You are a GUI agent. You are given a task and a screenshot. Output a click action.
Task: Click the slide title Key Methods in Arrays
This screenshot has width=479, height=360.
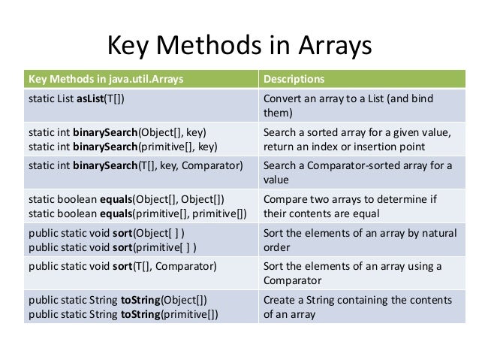click(240, 46)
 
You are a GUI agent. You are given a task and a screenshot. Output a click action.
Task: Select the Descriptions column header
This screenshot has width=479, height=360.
click(293, 78)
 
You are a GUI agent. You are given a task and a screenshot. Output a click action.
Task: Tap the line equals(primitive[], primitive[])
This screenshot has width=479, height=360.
click(139, 213)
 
